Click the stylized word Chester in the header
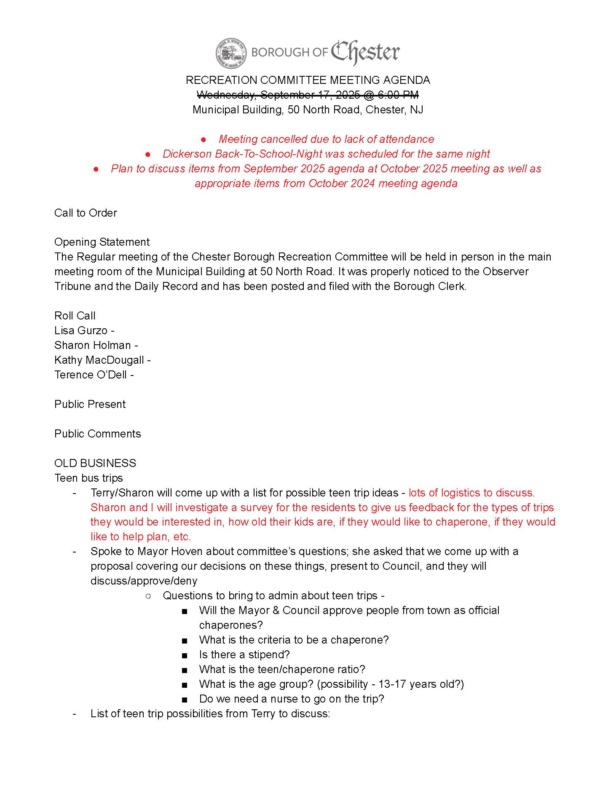point(365,52)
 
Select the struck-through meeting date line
point(308,94)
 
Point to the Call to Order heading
point(86,213)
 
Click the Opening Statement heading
point(102,242)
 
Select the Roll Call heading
point(75,316)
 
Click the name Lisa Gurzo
point(81,330)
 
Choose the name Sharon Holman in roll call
point(93,345)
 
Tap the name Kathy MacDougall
point(99,360)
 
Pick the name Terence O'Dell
point(91,375)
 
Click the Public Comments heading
point(97,434)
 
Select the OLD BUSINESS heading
point(95,463)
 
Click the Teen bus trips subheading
point(88,478)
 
